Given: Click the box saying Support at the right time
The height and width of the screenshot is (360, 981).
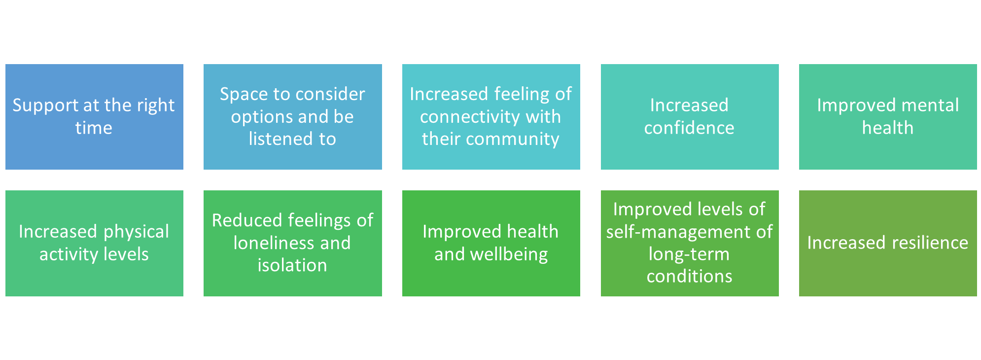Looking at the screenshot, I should [94, 117].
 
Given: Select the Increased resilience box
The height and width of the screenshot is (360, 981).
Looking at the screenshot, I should [887, 243].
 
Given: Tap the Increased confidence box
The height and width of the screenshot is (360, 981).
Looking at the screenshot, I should [689, 117].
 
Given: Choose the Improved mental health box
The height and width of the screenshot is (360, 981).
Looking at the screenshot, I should [887, 117].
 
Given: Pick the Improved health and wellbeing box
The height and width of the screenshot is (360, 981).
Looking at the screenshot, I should [490, 243].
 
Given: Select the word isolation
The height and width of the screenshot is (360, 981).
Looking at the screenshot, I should [292, 266].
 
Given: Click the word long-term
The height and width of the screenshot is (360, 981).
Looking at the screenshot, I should [689, 254].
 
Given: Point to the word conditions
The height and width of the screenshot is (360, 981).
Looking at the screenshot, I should [689, 277].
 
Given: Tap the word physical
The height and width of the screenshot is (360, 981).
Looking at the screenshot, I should [137, 232].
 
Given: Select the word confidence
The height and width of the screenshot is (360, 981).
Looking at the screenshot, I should [689, 128].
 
